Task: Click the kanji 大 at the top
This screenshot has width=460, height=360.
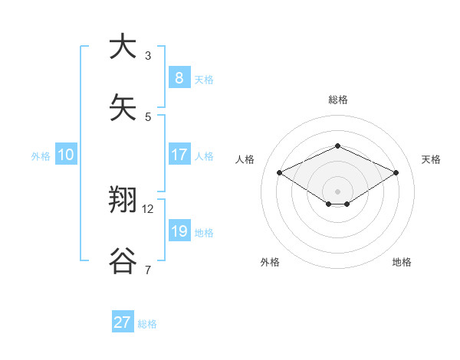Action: point(123,47)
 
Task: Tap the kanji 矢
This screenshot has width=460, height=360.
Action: point(123,107)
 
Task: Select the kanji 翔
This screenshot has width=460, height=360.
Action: point(123,201)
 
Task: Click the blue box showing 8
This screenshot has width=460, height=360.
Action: point(179,77)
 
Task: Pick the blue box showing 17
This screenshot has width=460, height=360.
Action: point(179,155)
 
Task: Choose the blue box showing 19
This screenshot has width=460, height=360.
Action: point(179,231)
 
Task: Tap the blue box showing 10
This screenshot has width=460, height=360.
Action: point(65,155)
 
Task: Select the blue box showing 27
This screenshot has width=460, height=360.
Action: point(123,322)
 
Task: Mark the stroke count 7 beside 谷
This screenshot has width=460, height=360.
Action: point(148,270)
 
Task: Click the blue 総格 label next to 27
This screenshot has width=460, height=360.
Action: point(147,324)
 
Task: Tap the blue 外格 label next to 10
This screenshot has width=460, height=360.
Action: point(41,156)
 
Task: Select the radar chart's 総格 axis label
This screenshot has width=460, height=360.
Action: point(337,100)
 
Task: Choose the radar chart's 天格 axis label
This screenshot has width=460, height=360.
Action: point(431,159)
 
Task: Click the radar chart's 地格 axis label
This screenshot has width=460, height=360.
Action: point(402,262)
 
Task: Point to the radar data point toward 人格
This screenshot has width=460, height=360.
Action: point(279,173)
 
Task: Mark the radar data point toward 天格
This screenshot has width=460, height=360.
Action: point(396,173)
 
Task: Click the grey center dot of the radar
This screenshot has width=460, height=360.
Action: point(337,191)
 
